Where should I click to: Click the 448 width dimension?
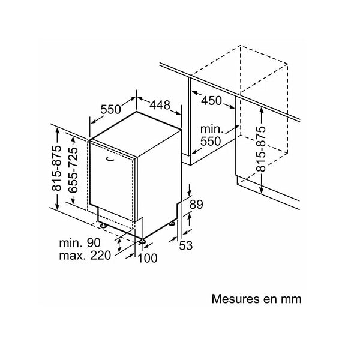click(x=160, y=105)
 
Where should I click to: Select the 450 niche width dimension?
click(x=211, y=101)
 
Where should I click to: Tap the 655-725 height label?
click(x=73, y=170)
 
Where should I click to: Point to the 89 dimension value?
click(x=196, y=205)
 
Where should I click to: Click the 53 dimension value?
click(x=186, y=245)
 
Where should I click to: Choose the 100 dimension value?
click(x=148, y=258)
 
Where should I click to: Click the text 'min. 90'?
click(x=80, y=243)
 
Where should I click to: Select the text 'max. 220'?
click(x=85, y=256)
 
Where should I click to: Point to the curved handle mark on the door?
click(x=110, y=159)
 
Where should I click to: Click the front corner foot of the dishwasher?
click(x=142, y=241)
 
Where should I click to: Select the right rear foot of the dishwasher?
click(x=172, y=223)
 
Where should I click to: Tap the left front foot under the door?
click(x=103, y=225)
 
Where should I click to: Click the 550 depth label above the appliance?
click(x=110, y=109)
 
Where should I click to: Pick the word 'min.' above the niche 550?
click(x=212, y=129)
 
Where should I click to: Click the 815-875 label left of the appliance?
click(x=56, y=168)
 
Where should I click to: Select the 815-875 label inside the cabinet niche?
click(x=261, y=149)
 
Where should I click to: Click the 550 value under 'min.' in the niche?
click(x=211, y=141)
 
